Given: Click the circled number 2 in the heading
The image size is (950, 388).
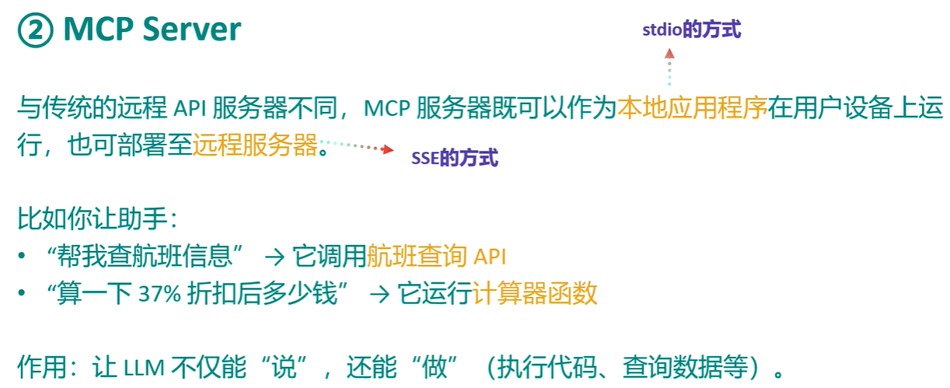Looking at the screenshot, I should coord(34,30).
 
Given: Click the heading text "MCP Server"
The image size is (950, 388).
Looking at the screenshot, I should coord(152,30).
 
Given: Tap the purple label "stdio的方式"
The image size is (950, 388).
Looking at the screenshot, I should coord(691,30).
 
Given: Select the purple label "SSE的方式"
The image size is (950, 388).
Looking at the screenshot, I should coord(455,159).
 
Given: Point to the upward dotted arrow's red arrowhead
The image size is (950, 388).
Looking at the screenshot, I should coord(669,54).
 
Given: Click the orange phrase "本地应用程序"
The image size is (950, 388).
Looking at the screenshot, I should coord(692,109).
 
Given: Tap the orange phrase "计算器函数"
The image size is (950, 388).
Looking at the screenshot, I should coord(535,293).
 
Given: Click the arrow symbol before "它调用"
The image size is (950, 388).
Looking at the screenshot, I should coord(276,256).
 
